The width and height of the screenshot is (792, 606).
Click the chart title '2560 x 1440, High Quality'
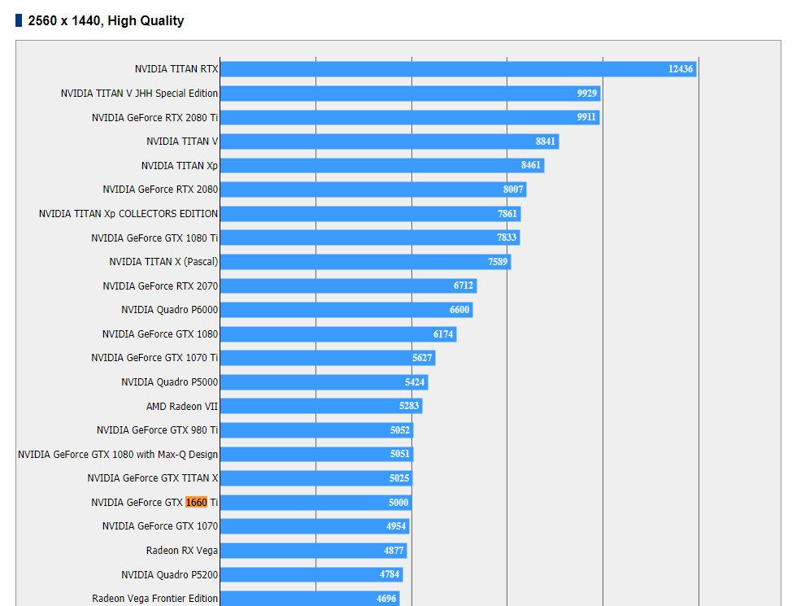(106, 21)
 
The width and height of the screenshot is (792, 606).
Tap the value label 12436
(681, 69)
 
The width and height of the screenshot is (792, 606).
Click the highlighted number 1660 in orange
(197, 503)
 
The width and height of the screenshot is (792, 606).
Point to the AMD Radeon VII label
(182, 406)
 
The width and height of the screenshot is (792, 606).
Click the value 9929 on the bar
(587, 94)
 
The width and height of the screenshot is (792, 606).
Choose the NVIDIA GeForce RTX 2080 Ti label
(154, 117)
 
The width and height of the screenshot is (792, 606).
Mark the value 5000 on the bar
(398, 503)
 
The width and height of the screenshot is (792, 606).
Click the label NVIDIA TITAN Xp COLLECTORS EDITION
(128, 214)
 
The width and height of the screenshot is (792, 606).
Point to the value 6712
(463, 286)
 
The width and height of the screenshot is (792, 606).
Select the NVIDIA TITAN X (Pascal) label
(163, 262)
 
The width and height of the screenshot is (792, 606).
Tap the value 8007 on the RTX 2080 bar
(513, 190)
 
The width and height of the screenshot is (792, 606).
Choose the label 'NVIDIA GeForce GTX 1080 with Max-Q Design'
(118, 454)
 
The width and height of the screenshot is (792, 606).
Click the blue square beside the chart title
(19, 21)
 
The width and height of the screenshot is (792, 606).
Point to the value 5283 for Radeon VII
(409, 406)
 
